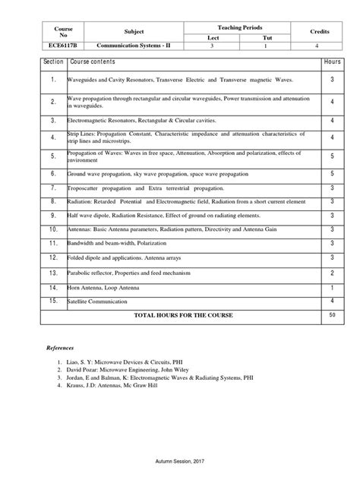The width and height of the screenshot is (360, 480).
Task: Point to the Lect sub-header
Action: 212,36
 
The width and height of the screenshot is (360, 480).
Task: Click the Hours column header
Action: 332,61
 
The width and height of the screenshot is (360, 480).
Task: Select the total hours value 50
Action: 332,314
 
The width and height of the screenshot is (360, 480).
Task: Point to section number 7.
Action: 52,187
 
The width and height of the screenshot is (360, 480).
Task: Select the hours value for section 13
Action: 332,273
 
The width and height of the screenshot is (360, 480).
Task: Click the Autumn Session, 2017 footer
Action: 180,461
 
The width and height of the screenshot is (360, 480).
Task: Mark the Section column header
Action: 52,61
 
